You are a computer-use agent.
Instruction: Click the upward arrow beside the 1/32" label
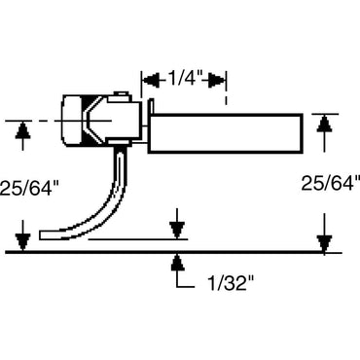(176, 260)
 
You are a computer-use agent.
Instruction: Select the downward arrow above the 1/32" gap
(176, 230)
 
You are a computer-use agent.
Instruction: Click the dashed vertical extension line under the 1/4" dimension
(226, 97)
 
